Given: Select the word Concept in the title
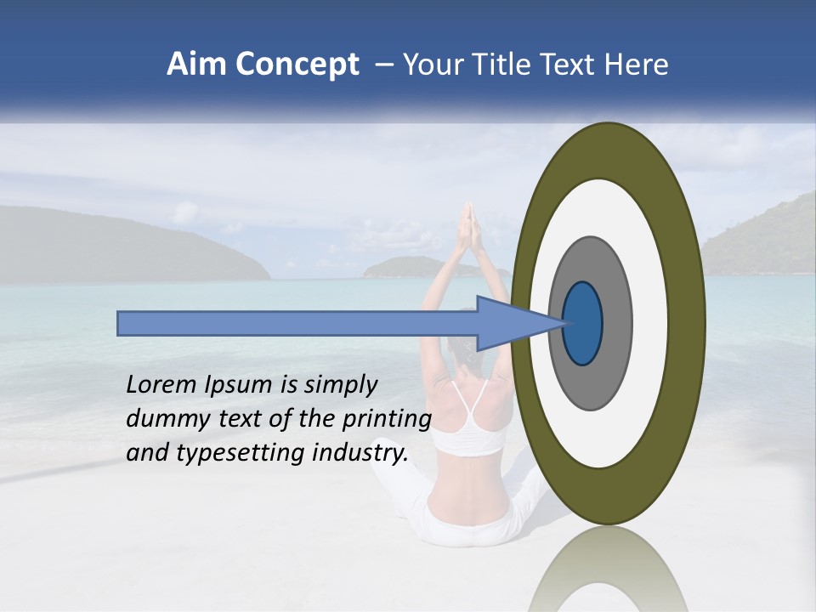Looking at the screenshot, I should [x=297, y=65].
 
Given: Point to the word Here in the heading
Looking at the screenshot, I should [x=637, y=65].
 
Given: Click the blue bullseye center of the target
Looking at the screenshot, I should [x=583, y=323].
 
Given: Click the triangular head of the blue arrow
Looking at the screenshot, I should [x=510, y=323].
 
